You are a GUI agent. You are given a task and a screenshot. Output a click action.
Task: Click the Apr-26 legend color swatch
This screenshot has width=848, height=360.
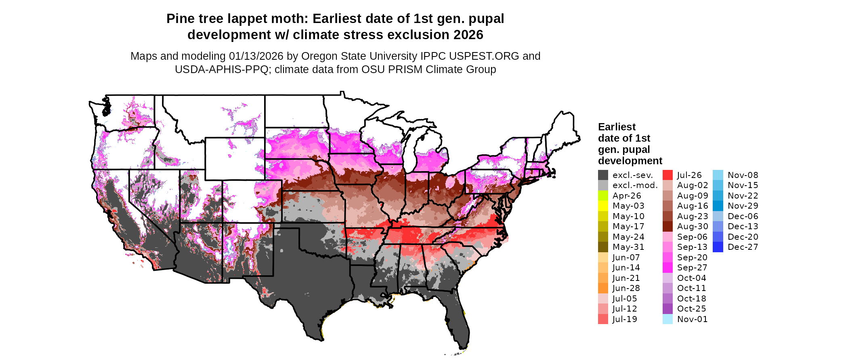pyautogui.click(x=603, y=196)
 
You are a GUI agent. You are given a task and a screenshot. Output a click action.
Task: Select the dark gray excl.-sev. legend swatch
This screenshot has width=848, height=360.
pyautogui.click(x=603, y=175)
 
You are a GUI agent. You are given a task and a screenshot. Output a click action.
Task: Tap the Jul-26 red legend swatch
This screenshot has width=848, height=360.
pyautogui.click(x=667, y=175)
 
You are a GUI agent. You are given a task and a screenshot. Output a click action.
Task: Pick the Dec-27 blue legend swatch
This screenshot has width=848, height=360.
pyautogui.click(x=718, y=247)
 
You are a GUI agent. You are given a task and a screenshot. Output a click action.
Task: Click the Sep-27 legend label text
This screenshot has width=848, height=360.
pyautogui.click(x=692, y=268)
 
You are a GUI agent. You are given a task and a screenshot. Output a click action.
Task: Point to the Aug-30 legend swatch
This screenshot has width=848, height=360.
pyautogui.click(x=667, y=226)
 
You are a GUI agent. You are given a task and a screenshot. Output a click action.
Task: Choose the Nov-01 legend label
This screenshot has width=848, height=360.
pyautogui.click(x=692, y=319)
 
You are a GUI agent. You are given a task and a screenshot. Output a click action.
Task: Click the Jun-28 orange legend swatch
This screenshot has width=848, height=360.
pyautogui.click(x=603, y=288)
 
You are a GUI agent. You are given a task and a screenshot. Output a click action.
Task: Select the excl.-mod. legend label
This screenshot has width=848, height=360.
pyautogui.click(x=635, y=185)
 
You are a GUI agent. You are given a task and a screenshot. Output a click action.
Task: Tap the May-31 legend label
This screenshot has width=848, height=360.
pyautogui.click(x=628, y=247)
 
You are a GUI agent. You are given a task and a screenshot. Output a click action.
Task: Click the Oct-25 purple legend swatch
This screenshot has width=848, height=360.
pyautogui.click(x=667, y=309)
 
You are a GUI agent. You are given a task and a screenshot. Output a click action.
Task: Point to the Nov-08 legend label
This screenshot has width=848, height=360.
pyautogui.click(x=743, y=175)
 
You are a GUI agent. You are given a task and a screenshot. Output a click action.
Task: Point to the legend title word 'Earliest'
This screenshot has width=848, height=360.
pyautogui.click(x=617, y=127)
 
